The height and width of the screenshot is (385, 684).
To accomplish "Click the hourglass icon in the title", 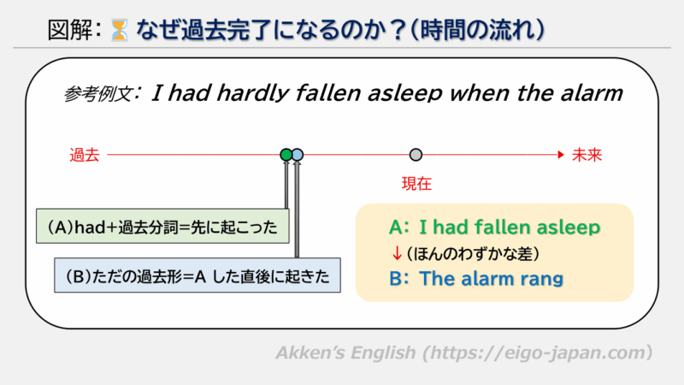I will pos(118,33).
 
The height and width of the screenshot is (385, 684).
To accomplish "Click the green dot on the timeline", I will pos(286,155).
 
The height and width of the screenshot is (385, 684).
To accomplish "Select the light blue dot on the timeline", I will pos(298,155).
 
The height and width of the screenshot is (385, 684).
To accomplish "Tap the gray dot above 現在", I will pos(416,155).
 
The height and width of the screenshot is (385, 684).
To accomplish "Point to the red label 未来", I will pos(587,155).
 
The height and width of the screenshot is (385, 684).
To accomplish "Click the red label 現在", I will pos(416,182).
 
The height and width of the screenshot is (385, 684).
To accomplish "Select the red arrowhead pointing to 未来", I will pos(561,155).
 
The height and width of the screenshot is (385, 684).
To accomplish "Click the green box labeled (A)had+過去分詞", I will pos(162,228).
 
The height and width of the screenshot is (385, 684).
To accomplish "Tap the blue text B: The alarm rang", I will pos(478,278).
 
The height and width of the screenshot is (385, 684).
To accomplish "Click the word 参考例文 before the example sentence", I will pos(99,94).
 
